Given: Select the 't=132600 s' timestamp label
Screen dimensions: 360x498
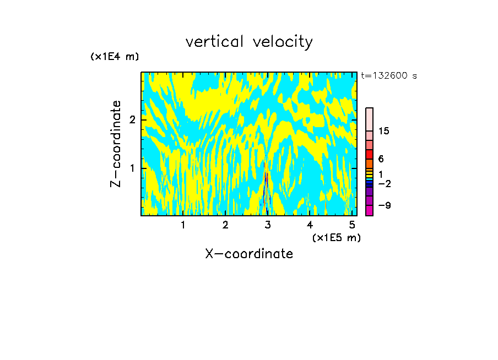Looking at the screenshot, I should pyautogui.click(x=389, y=76).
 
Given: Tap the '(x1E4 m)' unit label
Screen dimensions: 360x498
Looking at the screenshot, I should pyautogui.click(x=115, y=57).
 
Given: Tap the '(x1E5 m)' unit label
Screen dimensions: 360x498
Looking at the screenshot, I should pyautogui.click(x=336, y=237).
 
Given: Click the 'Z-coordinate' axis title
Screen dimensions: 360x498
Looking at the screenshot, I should pyautogui.click(x=116, y=144).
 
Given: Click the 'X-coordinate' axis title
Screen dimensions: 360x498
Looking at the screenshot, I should pyautogui.click(x=249, y=254).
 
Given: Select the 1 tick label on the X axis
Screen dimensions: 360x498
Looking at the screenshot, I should pyautogui.click(x=183, y=225).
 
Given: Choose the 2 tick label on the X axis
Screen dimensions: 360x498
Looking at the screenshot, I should pyautogui.click(x=225, y=225).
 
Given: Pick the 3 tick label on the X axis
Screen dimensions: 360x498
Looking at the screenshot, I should pyautogui.click(x=268, y=225).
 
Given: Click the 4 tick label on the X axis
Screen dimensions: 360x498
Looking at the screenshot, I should pyautogui.click(x=310, y=225).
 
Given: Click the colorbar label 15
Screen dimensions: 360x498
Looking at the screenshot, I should pyautogui.click(x=384, y=131).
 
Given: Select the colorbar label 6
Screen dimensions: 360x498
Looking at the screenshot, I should pyautogui.click(x=381, y=159).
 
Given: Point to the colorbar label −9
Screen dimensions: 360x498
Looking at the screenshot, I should pyautogui.click(x=384, y=205).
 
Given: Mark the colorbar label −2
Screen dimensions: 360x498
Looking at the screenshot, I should pyautogui.click(x=384, y=183).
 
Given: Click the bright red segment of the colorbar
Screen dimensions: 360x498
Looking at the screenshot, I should pyautogui.click(x=370, y=154).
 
